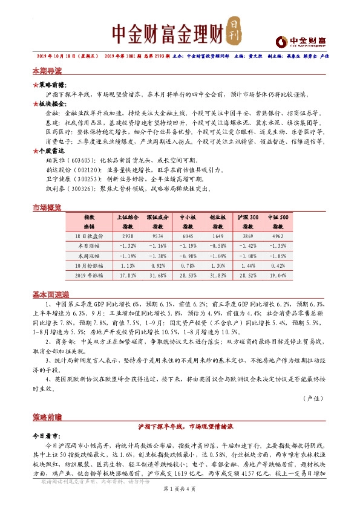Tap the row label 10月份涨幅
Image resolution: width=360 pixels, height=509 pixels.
point(89,265)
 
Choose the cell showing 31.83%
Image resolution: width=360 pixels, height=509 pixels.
point(217,274)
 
